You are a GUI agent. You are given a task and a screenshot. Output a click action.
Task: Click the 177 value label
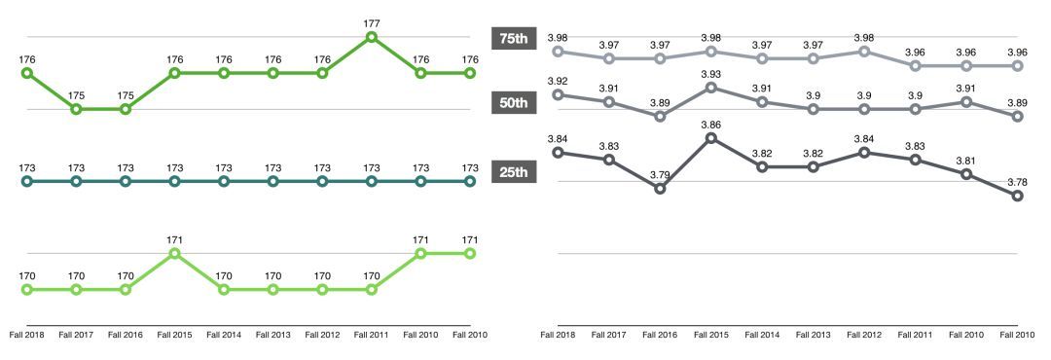pos(371,23)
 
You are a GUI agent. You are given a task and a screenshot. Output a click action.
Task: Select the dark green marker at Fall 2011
pos(371,37)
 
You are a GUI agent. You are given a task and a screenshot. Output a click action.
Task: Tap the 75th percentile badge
pos(513,39)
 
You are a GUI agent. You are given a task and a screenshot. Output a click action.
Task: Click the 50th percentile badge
pos(513,104)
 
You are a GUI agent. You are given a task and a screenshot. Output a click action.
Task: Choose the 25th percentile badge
pos(513,172)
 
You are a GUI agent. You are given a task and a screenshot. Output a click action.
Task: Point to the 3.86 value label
pos(710,126)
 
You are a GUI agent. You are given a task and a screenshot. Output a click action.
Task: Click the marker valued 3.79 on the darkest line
pos(660,189)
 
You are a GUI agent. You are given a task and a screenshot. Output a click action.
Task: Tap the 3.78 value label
pos(1017,181)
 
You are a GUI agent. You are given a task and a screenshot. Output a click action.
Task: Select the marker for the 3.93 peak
pos(710,88)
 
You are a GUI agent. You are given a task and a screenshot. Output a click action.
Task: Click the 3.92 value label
pos(558,81)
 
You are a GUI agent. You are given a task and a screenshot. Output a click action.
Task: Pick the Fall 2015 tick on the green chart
pos(174,335)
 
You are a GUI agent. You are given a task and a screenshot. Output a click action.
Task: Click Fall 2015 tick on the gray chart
pos(710,335)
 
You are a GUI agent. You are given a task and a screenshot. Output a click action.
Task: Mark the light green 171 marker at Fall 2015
pos(174,253)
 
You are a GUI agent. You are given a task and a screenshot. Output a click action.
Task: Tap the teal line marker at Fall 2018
pos(27,181)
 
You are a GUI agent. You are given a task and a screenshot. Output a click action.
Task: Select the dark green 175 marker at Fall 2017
pos(76,109)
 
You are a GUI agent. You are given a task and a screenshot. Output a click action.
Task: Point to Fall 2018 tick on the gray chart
pos(558,335)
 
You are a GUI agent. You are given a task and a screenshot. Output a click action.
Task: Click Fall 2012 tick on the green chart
pos(321,335)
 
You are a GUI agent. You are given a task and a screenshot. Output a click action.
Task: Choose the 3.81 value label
pos(966,161)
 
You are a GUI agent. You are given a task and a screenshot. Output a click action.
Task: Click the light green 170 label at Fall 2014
pos(224,276)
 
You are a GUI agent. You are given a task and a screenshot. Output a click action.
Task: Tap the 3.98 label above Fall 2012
pos(863,38)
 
